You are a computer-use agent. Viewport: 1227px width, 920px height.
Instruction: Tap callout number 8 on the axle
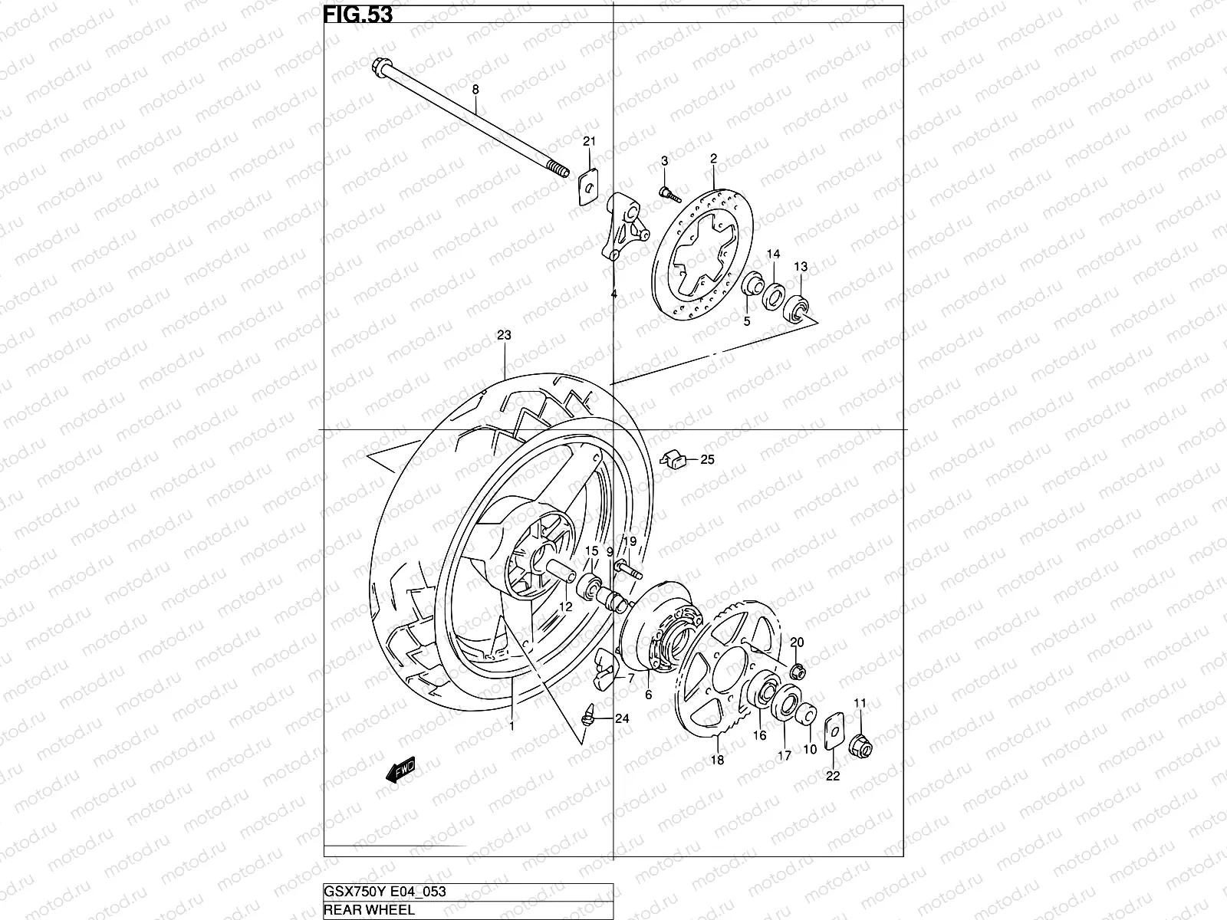coord(475,90)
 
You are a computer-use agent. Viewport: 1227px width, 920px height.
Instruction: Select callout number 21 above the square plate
coord(589,141)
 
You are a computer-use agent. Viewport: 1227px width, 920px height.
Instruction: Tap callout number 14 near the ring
coord(773,254)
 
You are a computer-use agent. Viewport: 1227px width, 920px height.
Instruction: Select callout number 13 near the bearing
coord(800,267)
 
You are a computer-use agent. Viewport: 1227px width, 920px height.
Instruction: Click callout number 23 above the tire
coord(504,335)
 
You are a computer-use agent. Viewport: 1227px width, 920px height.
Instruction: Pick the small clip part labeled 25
coord(673,459)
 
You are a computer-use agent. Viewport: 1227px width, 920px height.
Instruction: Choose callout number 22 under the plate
coord(833,775)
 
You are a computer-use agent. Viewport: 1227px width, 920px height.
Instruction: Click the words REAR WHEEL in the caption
coord(370,910)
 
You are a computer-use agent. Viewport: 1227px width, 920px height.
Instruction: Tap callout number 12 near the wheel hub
coord(565,606)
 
